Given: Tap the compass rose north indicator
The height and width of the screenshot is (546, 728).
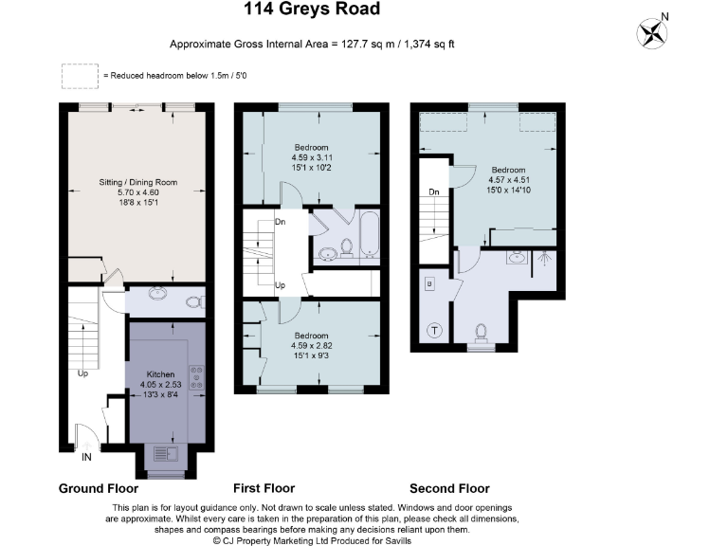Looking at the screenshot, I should (652, 33).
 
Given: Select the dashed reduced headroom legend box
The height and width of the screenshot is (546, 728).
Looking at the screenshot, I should (80, 75).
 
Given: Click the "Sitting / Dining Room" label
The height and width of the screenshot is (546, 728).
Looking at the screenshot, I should (139, 182).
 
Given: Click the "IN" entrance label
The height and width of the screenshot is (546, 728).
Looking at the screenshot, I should (87, 457).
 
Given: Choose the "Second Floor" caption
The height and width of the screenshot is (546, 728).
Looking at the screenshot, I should (449, 488).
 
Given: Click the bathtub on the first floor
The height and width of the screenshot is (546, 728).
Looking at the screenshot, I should (369, 237).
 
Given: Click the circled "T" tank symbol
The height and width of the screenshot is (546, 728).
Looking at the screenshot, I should (435, 330).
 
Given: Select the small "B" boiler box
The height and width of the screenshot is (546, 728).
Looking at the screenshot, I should (429, 283).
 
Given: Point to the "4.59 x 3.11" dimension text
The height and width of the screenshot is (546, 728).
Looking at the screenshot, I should (310, 157).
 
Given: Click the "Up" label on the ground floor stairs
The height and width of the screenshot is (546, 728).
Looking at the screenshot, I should (83, 372).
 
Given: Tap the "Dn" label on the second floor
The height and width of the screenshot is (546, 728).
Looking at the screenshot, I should (433, 191).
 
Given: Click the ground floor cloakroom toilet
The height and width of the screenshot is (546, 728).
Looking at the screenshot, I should (194, 302).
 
